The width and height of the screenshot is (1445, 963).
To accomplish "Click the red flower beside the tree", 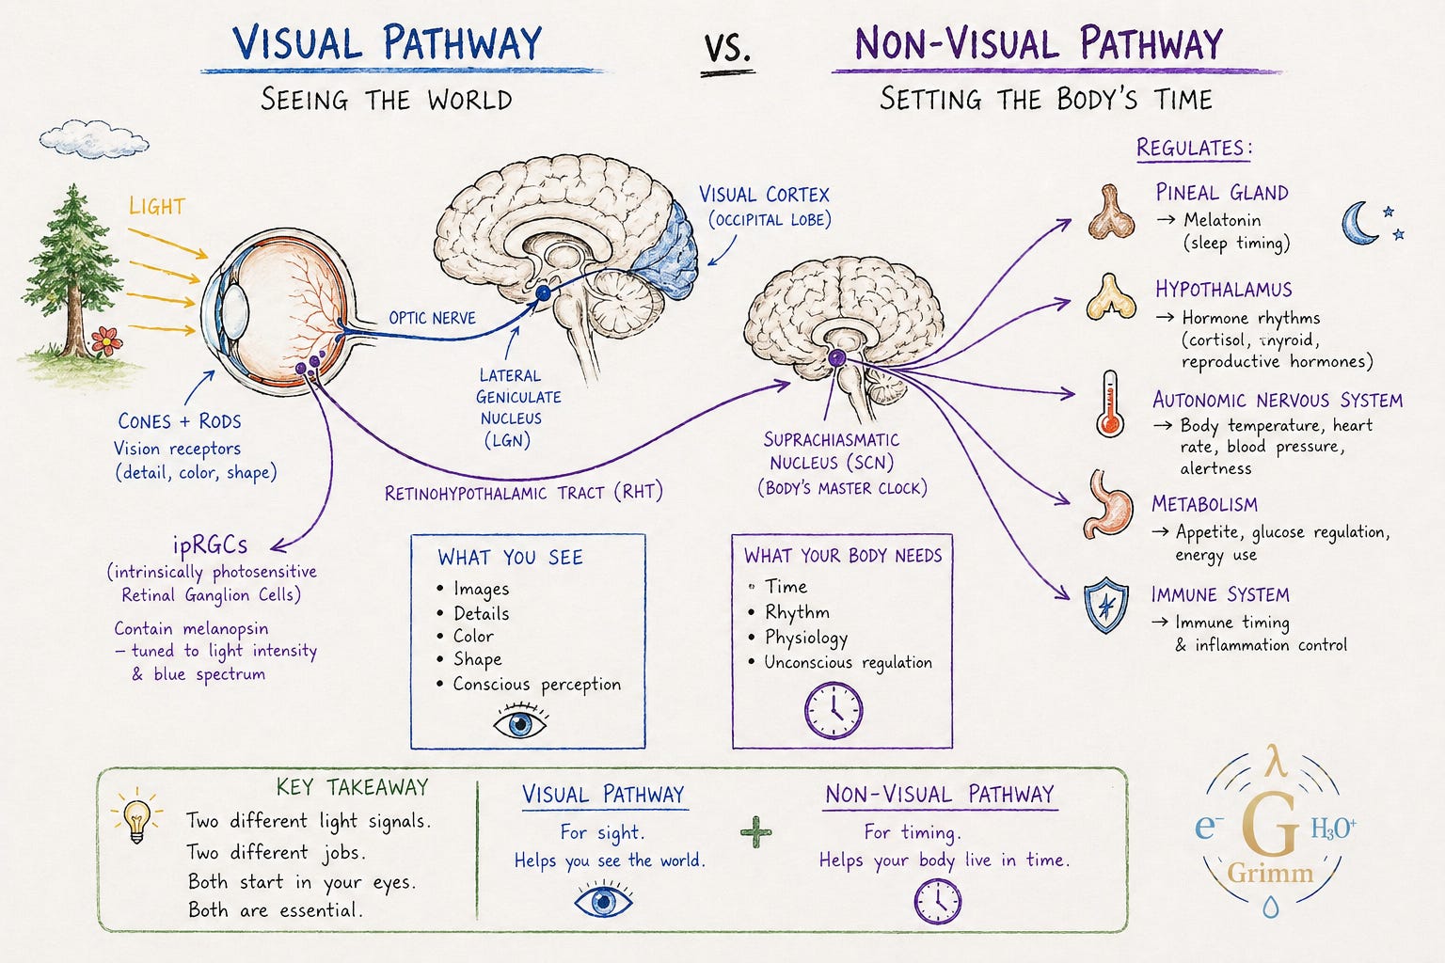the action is pyautogui.click(x=106, y=339).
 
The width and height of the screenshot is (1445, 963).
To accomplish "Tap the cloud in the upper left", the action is pyautogui.click(x=94, y=138).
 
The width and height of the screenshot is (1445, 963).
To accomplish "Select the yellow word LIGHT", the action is pyautogui.click(x=157, y=206).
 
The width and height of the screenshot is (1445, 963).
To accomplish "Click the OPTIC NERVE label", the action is pyautogui.click(x=432, y=317).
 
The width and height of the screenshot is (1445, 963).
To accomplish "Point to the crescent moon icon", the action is pyautogui.click(x=1358, y=223).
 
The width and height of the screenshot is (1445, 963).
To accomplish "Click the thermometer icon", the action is pyautogui.click(x=1109, y=403).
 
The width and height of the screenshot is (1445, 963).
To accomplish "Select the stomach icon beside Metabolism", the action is pyautogui.click(x=1107, y=505).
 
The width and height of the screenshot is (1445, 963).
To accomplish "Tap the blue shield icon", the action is pyautogui.click(x=1106, y=605).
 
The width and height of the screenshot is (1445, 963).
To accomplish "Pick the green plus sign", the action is pyautogui.click(x=756, y=831).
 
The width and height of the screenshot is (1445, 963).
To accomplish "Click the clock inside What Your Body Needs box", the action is pyautogui.click(x=834, y=710).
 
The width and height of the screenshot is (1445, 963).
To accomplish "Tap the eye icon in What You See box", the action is pyautogui.click(x=520, y=722).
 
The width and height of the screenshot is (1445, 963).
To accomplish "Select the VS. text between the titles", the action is pyautogui.click(x=727, y=48).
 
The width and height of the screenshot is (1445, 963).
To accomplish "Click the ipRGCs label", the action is pyautogui.click(x=211, y=545).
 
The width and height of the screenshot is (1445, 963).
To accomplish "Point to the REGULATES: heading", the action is pyautogui.click(x=1194, y=148).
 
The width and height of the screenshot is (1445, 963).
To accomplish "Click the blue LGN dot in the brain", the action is pyautogui.click(x=544, y=293).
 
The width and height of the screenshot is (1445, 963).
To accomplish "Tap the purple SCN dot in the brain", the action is pyautogui.click(x=836, y=357).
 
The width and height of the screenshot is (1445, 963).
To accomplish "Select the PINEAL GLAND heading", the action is pyautogui.click(x=1222, y=192).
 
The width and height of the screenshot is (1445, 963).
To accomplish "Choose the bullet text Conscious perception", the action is pyautogui.click(x=537, y=685).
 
